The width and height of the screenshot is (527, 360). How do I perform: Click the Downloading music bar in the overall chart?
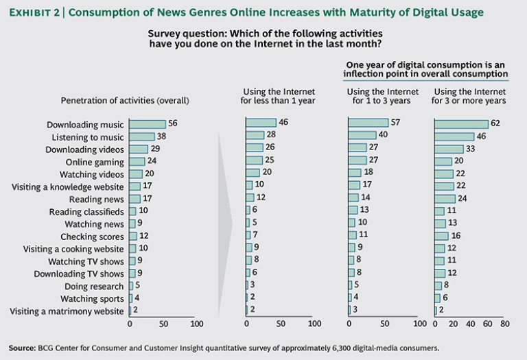pyautogui.click(x=147, y=124)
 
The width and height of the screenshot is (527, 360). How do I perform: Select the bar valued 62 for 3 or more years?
pyautogui.click(x=461, y=123)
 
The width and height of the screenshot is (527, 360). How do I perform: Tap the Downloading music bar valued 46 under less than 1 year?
pyautogui.click(x=261, y=123)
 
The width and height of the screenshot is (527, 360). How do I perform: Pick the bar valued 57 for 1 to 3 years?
pyautogui.click(x=368, y=123)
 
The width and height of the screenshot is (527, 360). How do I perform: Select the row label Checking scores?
pyautogui.click(x=96, y=237)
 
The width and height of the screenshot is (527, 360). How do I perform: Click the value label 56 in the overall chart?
pyautogui.click(x=174, y=124)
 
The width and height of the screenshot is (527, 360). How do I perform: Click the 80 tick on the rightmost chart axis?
pyautogui.click(x=506, y=323)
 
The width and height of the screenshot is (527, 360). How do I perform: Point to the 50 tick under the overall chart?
pyautogui.click(x=163, y=323)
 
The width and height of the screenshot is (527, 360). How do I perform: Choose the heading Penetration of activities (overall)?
pyautogui.click(x=125, y=100)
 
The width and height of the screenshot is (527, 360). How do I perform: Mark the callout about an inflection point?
pyautogui.click(x=427, y=69)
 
